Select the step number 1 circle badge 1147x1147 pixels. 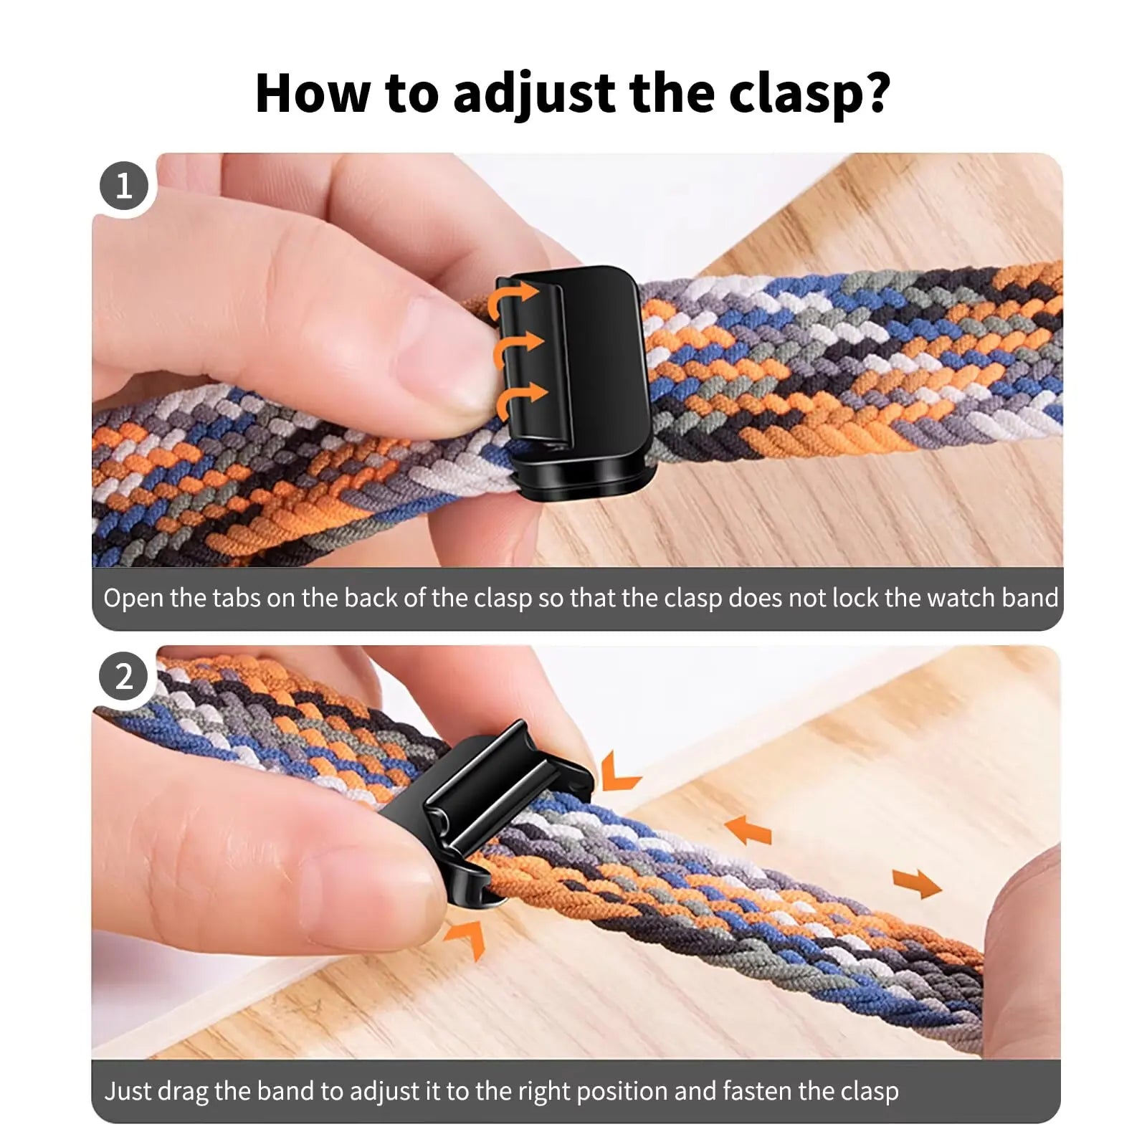[124, 186]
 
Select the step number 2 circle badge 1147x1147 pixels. [124, 677]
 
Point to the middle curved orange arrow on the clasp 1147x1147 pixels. [517, 347]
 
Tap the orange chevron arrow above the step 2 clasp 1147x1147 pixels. [617, 773]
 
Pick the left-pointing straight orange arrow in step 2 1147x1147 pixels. [749, 830]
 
